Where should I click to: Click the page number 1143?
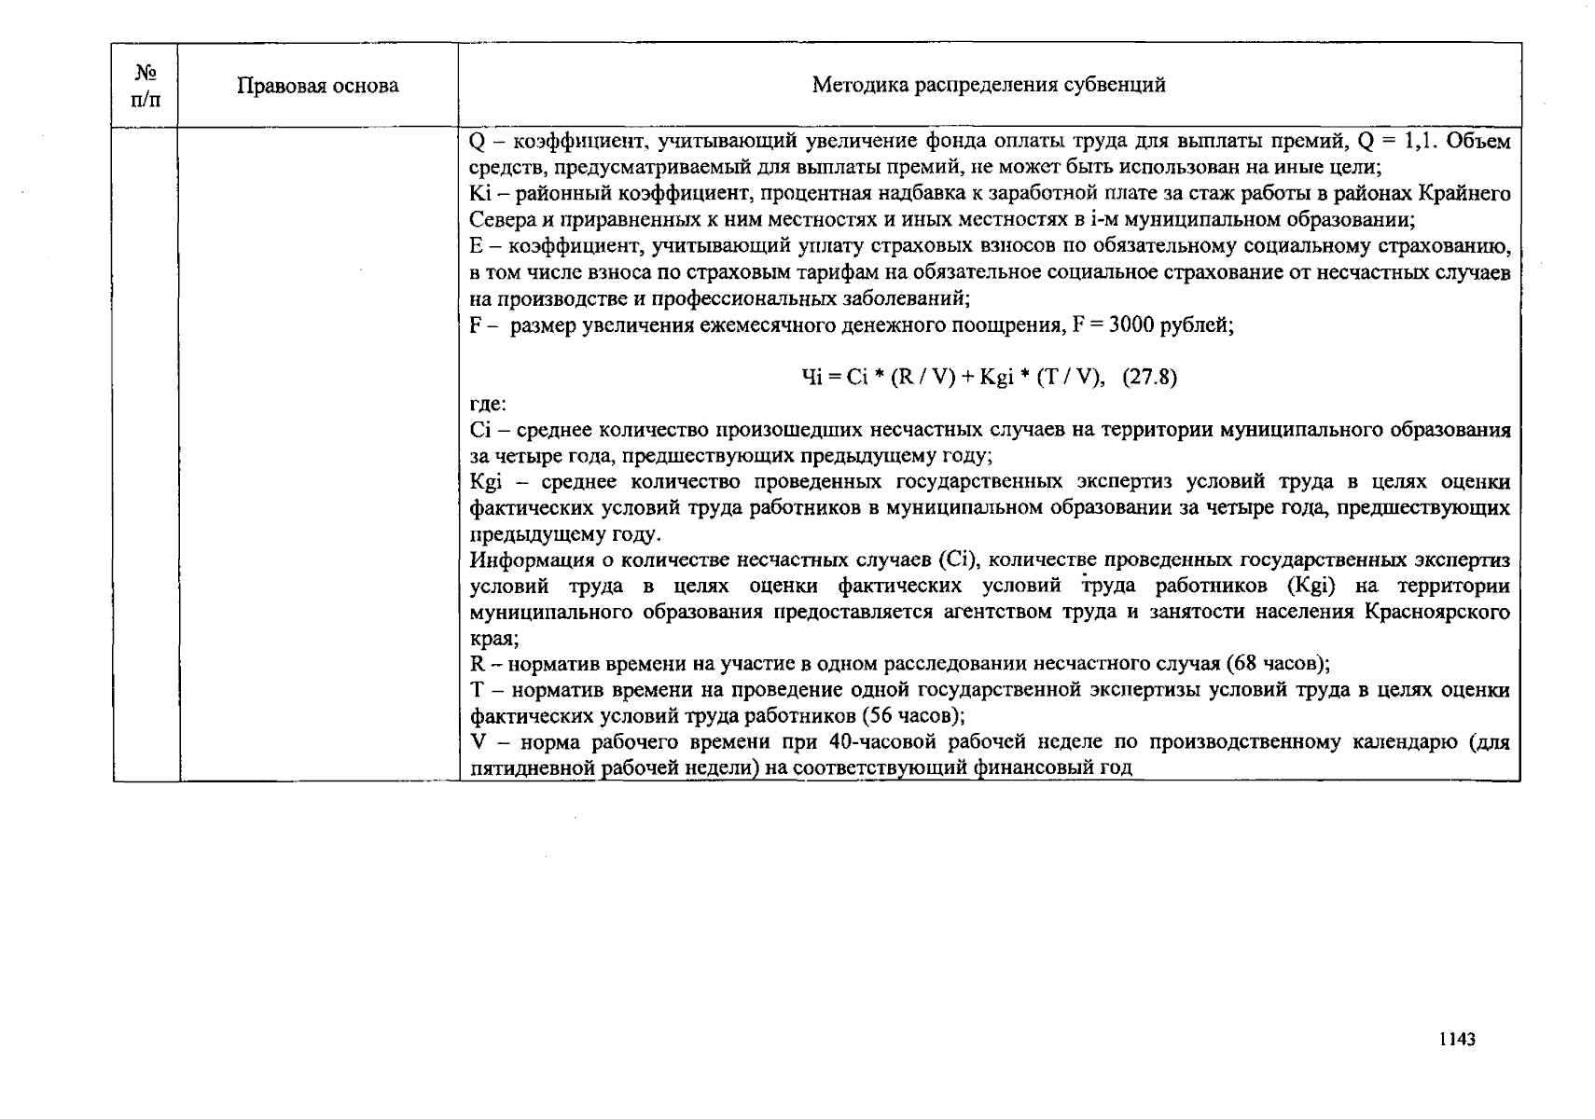[x=1456, y=1040]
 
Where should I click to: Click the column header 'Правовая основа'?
[x=317, y=86]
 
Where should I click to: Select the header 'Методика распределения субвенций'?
[x=989, y=86]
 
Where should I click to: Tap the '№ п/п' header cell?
[x=146, y=85]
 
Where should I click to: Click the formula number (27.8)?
[x=1149, y=377]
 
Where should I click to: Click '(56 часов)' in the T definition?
[x=912, y=716]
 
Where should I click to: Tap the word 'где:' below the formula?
[x=487, y=404]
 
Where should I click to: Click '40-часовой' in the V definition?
[x=874, y=742]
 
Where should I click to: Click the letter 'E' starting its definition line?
[x=476, y=246]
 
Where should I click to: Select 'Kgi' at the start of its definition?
[x=486, y=482]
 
